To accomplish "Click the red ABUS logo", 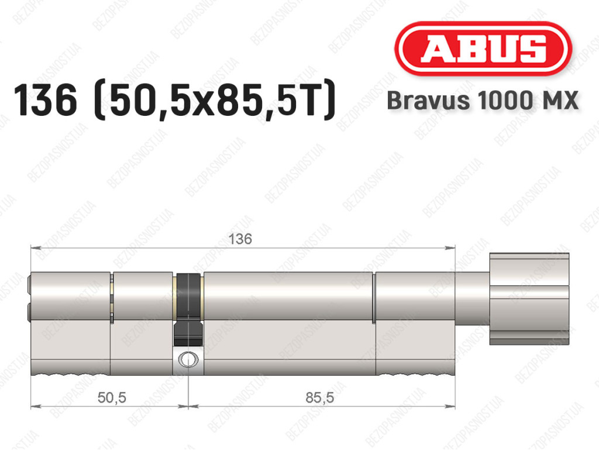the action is tap(483, 49).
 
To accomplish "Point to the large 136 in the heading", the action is tap(46, 100).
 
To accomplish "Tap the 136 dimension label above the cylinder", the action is tap(240, 239).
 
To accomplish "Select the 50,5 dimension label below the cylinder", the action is tap(112, 398).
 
